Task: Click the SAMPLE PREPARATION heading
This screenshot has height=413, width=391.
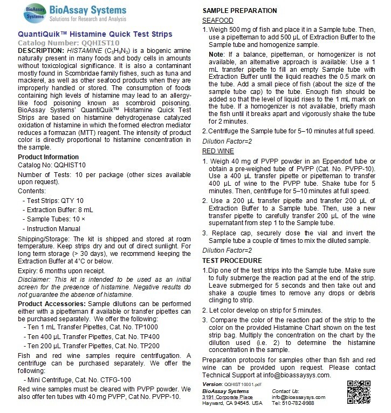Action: coord(239,10)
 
